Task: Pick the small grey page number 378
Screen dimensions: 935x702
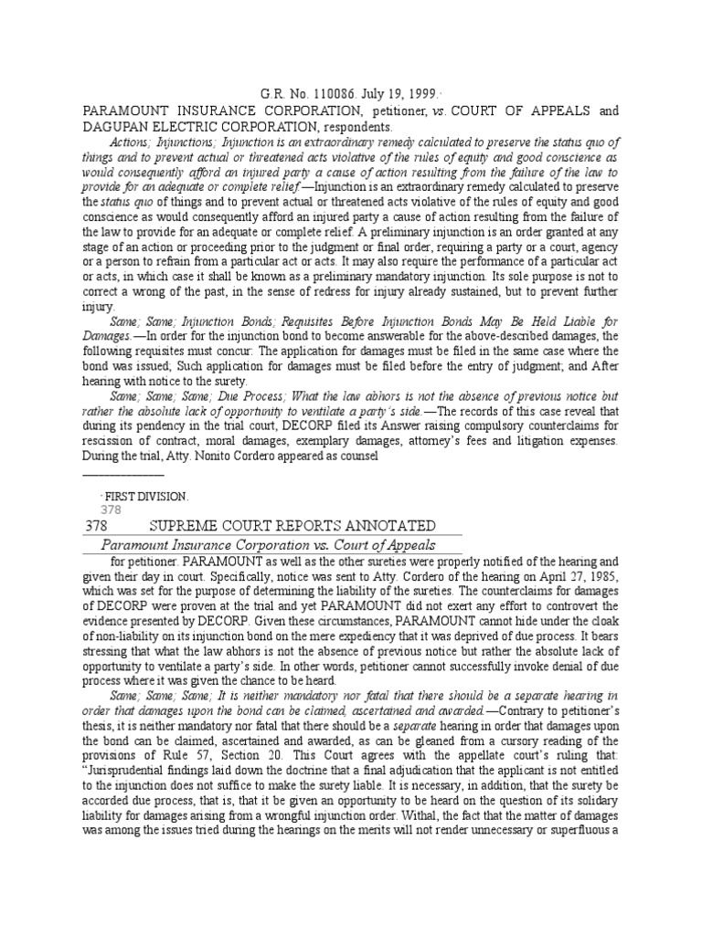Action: [x=110, y=510]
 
